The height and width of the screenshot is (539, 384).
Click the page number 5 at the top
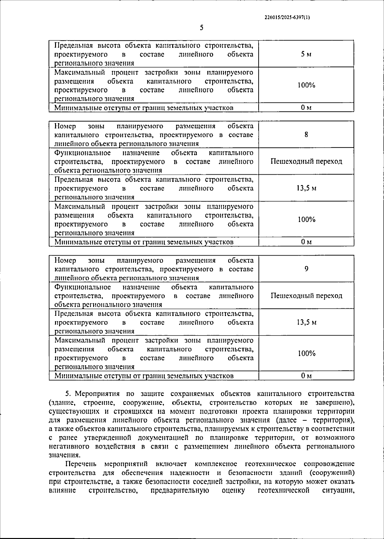pos(202,28)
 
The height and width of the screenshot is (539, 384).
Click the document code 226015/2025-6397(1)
pos(287,18)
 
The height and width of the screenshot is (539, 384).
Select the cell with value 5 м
pos(306,54)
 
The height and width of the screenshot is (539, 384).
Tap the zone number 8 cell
pos(306,134)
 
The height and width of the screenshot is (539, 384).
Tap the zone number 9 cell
pos(306,269)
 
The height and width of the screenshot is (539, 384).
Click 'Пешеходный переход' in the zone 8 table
pos(306,161)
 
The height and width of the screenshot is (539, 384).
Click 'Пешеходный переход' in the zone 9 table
pos(306,296)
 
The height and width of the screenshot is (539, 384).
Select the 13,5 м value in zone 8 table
pos(306,188)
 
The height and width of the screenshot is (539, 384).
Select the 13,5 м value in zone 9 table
pos(306,322)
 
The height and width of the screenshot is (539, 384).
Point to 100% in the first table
pos(306,85)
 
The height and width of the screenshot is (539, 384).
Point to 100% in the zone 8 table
pos(306,219)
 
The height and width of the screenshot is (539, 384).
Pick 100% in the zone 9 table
pos(306,353)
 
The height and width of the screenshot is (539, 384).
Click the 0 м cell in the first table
pos(306,108)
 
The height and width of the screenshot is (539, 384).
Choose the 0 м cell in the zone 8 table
pos(306,242)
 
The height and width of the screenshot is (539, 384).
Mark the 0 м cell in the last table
pos(306,376)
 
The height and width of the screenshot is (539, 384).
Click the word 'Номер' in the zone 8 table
pos(65,126)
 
